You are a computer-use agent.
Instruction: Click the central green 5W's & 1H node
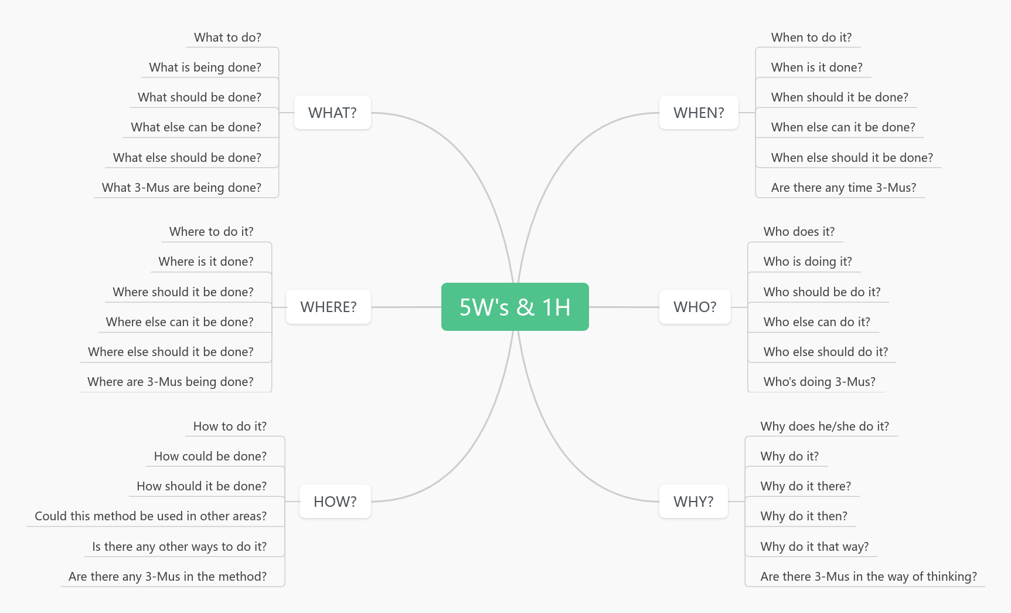(x=515, y=307)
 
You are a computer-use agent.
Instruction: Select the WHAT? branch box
(x=332, y=113)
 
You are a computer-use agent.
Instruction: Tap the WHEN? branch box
(x=698, y=113)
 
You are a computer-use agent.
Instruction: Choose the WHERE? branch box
(x=328, y=307)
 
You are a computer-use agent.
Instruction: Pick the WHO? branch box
(x=695, y=307)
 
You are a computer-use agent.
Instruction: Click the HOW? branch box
(x=335, y=502)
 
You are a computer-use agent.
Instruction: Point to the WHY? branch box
(x=693, y=502)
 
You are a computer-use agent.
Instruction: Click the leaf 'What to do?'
(x=227, y=38)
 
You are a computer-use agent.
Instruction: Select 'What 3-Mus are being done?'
(x=181, y=188)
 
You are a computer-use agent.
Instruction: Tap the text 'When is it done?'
(x=816, y=67)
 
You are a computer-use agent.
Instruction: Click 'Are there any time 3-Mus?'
(x=843, y=188)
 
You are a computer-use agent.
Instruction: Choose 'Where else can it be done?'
(x=179, y=322)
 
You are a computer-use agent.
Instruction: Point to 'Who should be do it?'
(x=822, y=292)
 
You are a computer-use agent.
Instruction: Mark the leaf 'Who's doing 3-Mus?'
(x=819, y=382)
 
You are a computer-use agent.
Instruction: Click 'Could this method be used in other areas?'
(x=151, y=516)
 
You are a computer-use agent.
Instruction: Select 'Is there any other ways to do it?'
(x=179, y=547)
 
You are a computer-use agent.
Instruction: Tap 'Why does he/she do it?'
(x=824, y=426)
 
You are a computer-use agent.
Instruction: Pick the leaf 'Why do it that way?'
(x=814, y=547)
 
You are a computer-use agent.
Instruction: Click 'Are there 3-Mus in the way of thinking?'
(x=868, y=577)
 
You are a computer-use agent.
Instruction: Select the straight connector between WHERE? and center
(x=406, y=307)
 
